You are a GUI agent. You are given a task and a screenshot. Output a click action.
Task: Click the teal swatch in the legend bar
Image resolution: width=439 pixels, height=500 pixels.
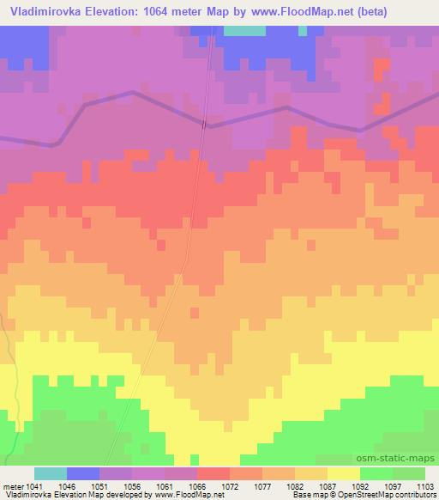pos(51,473)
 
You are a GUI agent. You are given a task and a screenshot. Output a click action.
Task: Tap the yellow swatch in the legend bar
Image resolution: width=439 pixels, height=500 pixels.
pos(344,473)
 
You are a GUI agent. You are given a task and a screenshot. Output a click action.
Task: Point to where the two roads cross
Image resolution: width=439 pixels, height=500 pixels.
pos(204,125)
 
